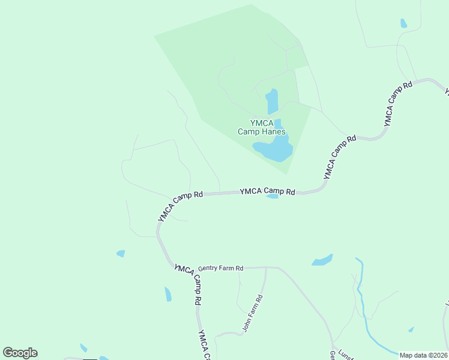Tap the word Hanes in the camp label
273,132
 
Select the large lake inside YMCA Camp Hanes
275,149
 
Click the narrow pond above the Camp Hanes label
273,101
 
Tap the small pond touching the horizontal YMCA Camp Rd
272,196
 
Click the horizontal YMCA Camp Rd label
267,191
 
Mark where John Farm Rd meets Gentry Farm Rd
265,268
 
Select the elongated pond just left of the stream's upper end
322,260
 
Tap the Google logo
20,352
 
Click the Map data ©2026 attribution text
423,355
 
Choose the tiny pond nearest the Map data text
411,329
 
